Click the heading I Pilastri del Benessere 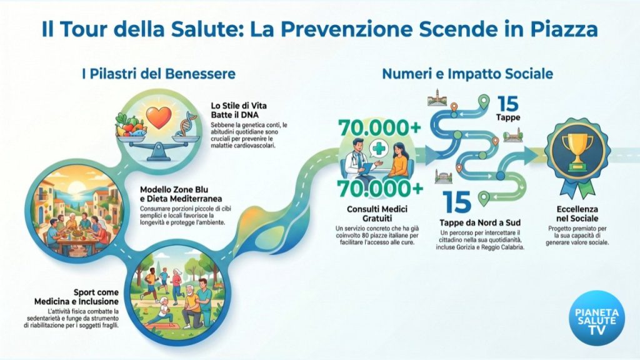pyautogui.click(x=159, y=74)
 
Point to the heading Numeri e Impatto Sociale pyautogui.click(x=467, y=74)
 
